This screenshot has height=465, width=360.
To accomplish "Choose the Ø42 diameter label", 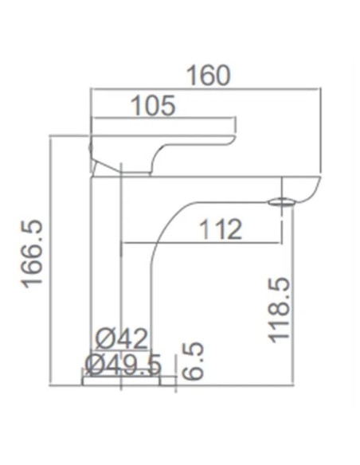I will coord(122,339).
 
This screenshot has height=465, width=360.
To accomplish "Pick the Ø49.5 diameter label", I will coord(123,365).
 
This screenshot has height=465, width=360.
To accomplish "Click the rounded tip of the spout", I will coord(315,188).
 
